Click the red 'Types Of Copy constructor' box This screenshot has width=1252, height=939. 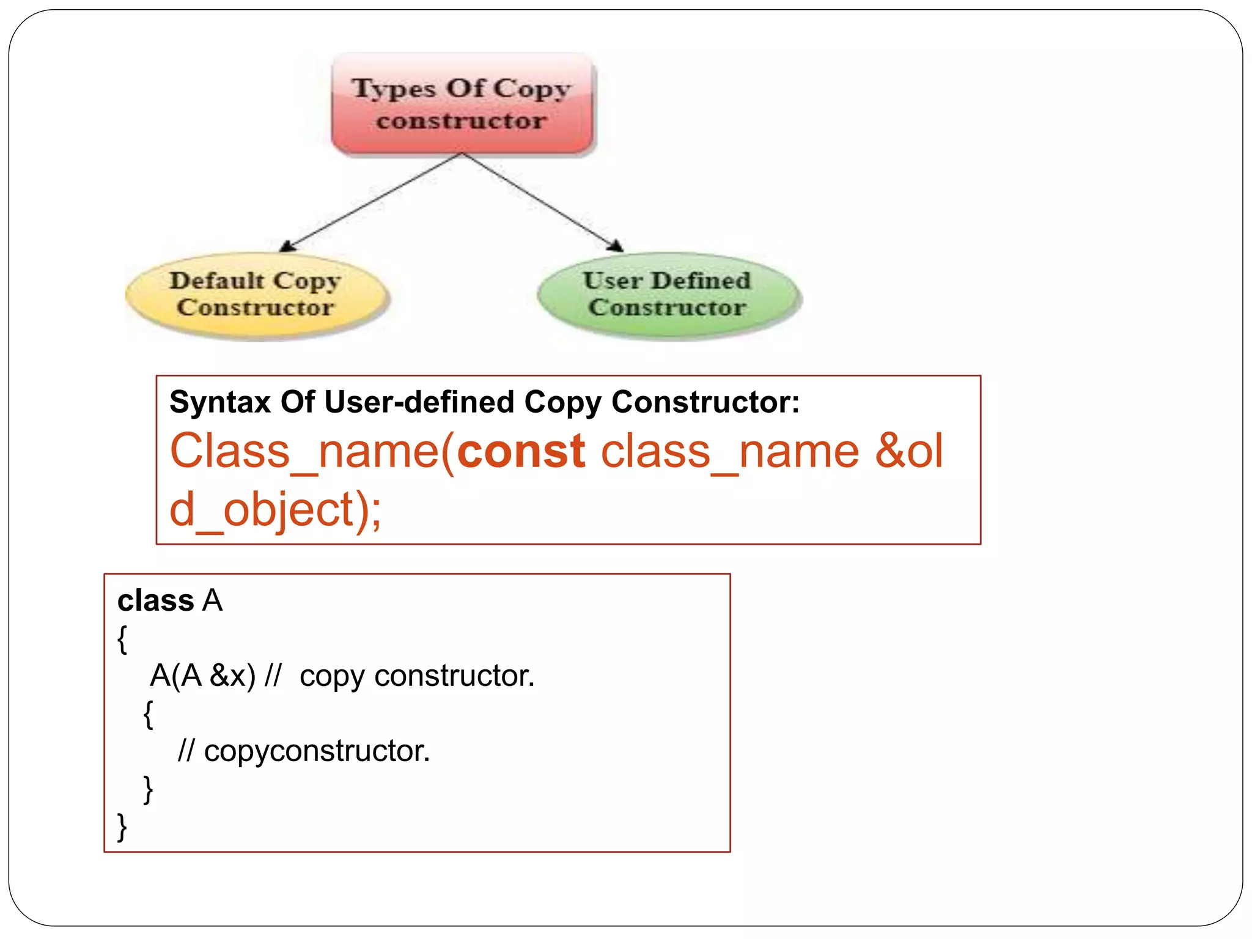(x=462, y=104)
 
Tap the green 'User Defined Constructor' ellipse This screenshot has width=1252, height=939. (x=668, y=295)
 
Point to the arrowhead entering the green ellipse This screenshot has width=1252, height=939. (x=616, y=246)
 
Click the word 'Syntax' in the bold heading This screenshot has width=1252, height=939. (x=220, y=403)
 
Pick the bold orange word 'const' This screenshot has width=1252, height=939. (x=521, y=452)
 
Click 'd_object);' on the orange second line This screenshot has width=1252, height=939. (x=275, y=510)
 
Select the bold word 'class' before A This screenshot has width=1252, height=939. (x=155, y=601)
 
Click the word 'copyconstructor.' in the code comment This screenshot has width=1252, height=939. (x=317, y=751)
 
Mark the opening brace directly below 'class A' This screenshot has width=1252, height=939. (x=122, y=639)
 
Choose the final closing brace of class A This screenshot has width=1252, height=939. (x=122, y=827)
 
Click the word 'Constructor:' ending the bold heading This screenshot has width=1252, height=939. (x=705, y=403)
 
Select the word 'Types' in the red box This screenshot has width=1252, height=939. (x=394, y=89)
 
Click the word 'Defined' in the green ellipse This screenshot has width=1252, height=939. (x=701, y=281)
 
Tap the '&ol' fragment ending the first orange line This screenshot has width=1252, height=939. (x=909, y=452)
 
